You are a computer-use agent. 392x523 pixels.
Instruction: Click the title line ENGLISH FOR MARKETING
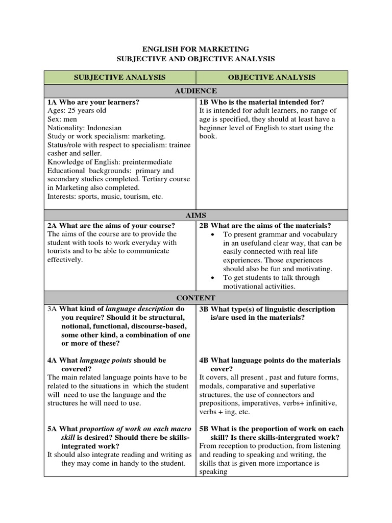pyautogui.click(x=195, y=49)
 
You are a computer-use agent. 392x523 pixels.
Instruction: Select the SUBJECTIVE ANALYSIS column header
pyautogui.click(x=120, y=78)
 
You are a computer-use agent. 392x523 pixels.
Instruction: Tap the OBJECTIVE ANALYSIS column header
pyautogui.click(x=272, y=78)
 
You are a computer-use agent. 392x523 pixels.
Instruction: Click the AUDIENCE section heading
pyautogui.click(x=196, y=91)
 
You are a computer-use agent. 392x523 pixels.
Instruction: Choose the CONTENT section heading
pyautogui.click(x=196, y=298)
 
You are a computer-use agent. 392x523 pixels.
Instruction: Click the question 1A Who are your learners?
pyautogui.click(x=93, y=102)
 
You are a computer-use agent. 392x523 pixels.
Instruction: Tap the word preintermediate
pyautogui.click(x=142, y=162)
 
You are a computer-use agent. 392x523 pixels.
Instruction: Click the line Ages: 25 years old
pyautogui.click(x=77, y=111)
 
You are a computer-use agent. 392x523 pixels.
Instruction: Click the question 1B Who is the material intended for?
pyautogui.click(x=262, y=102)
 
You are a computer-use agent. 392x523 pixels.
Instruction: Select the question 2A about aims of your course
pyautogui.click(x=111, y=226)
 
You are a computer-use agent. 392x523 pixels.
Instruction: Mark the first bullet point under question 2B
pyautogui.click(x=212, y=234)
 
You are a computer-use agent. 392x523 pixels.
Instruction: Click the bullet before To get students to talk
pyautogui.click(x=212, y=278)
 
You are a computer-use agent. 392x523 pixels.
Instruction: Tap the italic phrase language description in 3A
pyautogui.click(x=139, y=309)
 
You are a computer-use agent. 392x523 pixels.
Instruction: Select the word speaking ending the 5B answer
pyautogui.click(x=213, y=472)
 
